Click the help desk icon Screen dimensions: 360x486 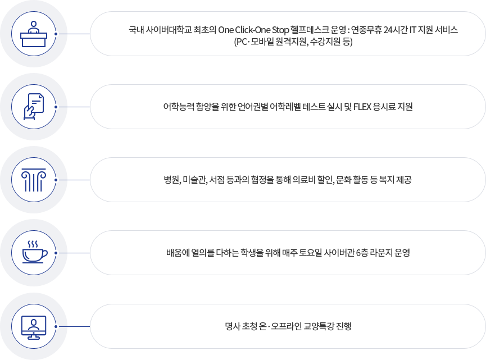click(x=34, y=34)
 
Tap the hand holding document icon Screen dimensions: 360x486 click(x=34, y=107)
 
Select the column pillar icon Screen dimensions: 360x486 click(x=34, y=180)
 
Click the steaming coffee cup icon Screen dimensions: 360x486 click(x=34, y=253)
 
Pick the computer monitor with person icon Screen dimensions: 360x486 click(x=34, y=326)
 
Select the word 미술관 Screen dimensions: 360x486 click(x=193, y=180)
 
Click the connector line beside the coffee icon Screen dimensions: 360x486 click(x=74, y=253)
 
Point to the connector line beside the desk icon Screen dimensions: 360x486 click(x=74, y=34)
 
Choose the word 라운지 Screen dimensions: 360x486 click(x=378, y=253)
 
